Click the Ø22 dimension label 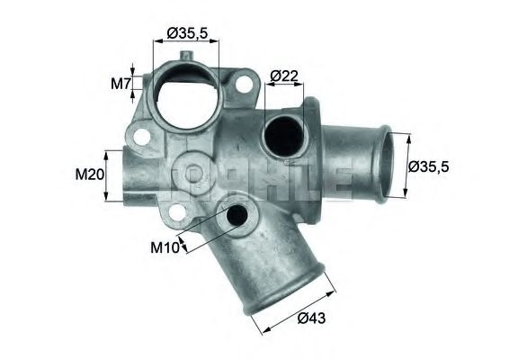point(284,75)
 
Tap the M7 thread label point(121,85)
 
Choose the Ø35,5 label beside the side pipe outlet point(432,166)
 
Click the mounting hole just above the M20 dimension point(141,138)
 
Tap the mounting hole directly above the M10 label point(178,212)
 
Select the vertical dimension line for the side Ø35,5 point(407,166)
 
